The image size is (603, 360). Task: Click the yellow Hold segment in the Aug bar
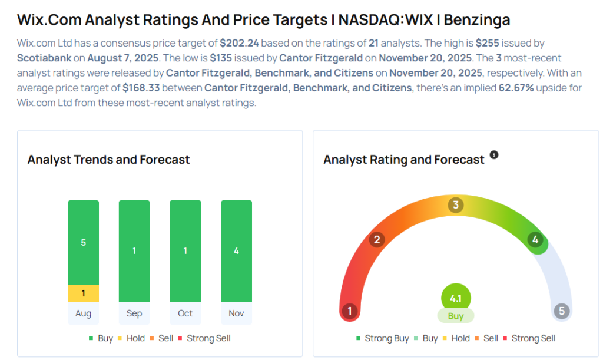click(x=83, y=293)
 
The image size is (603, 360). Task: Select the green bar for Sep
click(x=134, y=251)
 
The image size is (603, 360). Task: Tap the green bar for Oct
click(x=185, y=251)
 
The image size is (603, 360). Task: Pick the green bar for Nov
click(x=236, y=251)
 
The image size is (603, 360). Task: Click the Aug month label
click(x=83, y=313)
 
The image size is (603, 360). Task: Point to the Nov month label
click(x=236, y=313)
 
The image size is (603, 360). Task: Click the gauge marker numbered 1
click(x=350, y=311)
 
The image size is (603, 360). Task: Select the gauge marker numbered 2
click(x=376, y=240)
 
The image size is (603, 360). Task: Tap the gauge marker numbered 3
click(x=455, y=205)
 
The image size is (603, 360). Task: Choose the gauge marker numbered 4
click(x=535, y=240)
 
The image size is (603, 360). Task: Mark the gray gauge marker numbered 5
click(x=562, y=311)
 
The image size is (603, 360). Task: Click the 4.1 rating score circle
click(x=456, y=299)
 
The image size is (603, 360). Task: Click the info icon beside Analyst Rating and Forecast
click(x=494, y=155)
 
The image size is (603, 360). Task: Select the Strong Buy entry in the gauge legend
click(x=383, y=338)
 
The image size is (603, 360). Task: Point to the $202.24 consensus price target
click(x=240, y=43)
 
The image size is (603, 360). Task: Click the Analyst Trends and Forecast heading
click(x=108, y=160)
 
